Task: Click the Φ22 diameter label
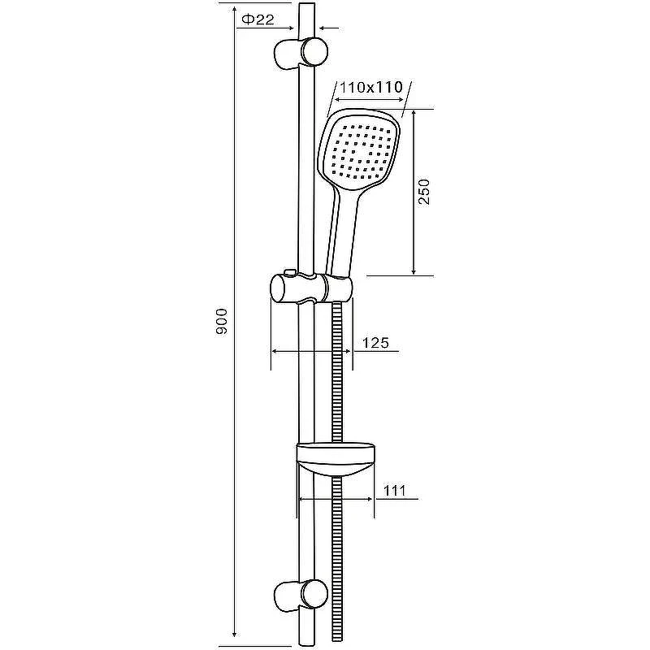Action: click(x=258, y=19)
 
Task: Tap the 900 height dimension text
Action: click(x=222, y=321)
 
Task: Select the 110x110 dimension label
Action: click(x=371, y=87)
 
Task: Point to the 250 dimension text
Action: click(x=424, y=192)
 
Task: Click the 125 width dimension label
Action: click(x=375, y=343)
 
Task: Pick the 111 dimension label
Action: click(x=394, y=491)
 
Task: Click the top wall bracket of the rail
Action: click(x=301, y=53)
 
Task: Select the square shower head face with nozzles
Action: click(x=360, y=150)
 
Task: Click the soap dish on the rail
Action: click(x=336, y=460)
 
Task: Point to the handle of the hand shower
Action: click(x=344, y=232)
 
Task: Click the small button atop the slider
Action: click(x=290, y=272)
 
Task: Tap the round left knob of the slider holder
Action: click(x=283, y=288)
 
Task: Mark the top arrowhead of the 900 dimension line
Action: click(x=235, y=10)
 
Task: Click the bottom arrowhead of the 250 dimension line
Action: click(x=414, y=271)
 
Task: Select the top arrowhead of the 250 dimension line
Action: click(x=414, y=114)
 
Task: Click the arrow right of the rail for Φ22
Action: click(x=329, y=28)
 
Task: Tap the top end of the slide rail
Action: click(x=306, y=5)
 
